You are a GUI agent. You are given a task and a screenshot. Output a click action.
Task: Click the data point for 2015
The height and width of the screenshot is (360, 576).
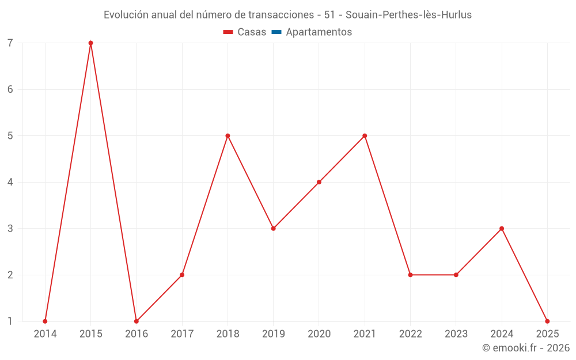90,43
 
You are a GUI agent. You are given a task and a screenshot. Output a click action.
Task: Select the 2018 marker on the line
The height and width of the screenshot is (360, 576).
228,136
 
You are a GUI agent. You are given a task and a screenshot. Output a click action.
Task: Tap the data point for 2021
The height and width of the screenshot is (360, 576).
365,136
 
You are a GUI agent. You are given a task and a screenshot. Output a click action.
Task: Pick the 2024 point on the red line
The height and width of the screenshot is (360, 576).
502,229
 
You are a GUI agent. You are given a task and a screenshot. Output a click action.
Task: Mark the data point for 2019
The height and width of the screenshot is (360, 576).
274,229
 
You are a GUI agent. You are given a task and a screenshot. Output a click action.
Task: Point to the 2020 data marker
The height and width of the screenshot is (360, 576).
319,182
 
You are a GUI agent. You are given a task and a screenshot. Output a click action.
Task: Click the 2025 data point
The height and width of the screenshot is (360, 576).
547,321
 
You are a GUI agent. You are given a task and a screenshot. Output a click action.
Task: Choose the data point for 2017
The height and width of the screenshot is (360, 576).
182,275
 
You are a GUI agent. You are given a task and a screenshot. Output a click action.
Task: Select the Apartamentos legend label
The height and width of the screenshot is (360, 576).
319,32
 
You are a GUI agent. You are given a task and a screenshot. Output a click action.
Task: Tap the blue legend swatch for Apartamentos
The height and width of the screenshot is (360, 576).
276,32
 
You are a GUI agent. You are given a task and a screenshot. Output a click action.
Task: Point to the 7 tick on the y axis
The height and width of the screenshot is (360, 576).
10,43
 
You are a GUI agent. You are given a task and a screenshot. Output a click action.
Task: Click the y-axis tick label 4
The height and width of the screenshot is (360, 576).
10,182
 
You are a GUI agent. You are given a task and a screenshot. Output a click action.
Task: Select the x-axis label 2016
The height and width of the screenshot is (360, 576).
137,334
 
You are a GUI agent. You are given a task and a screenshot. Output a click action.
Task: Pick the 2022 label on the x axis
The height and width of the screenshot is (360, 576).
410,334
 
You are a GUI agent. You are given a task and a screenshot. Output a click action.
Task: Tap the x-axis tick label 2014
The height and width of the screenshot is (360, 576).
45,334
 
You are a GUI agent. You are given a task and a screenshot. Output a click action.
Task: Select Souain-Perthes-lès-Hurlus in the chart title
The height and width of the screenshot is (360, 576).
408,15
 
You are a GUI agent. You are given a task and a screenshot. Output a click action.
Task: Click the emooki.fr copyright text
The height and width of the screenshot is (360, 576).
526,348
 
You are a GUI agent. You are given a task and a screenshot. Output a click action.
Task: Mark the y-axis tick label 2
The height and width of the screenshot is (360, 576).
10,275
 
